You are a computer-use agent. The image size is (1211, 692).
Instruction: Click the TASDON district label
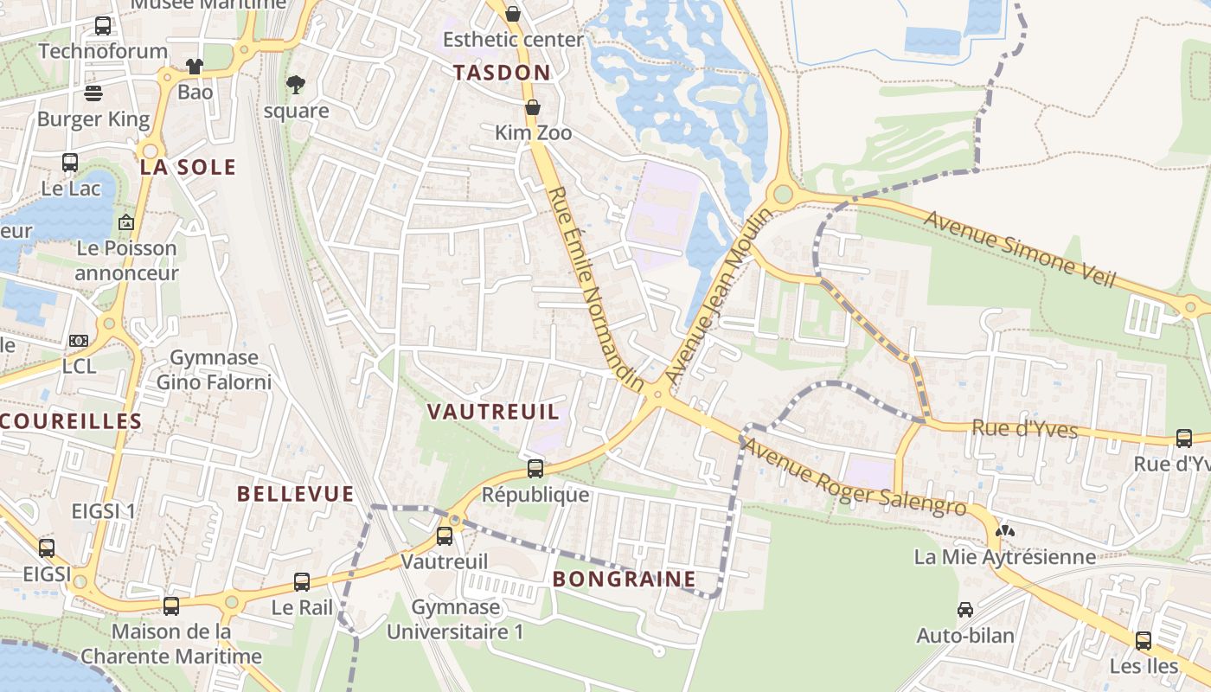tap(502, 73)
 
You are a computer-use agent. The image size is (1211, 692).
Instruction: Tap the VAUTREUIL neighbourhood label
tap(494, 412)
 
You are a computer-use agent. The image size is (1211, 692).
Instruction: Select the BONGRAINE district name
tap(624, 579)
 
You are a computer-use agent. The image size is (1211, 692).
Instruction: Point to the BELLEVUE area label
tap(296, 494)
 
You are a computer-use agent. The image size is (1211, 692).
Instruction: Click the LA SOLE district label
tap(188, 167)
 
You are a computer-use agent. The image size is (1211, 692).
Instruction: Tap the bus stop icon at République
tap(535, 469)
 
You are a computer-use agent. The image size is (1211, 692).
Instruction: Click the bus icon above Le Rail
tap(302, 582)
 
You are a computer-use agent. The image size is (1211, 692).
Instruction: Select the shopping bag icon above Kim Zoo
tap(533, 107)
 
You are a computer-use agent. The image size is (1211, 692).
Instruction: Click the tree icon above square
tap(296, 84)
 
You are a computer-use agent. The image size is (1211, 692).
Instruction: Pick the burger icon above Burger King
tap(93, 93)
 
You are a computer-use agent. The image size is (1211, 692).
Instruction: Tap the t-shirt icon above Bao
tap(195, 67)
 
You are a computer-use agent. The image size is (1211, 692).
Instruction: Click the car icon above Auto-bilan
tap(965, 610)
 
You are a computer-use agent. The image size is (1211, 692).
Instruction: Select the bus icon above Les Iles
tap(1144, 641)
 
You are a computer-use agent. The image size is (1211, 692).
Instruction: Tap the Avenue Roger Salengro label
tap(854, 477)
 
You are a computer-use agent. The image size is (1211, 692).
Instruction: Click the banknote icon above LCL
tap(79, 341)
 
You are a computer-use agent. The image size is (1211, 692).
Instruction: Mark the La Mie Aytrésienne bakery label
tap(1005, 557)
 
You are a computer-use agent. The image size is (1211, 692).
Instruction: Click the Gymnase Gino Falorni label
tap(214, 369)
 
